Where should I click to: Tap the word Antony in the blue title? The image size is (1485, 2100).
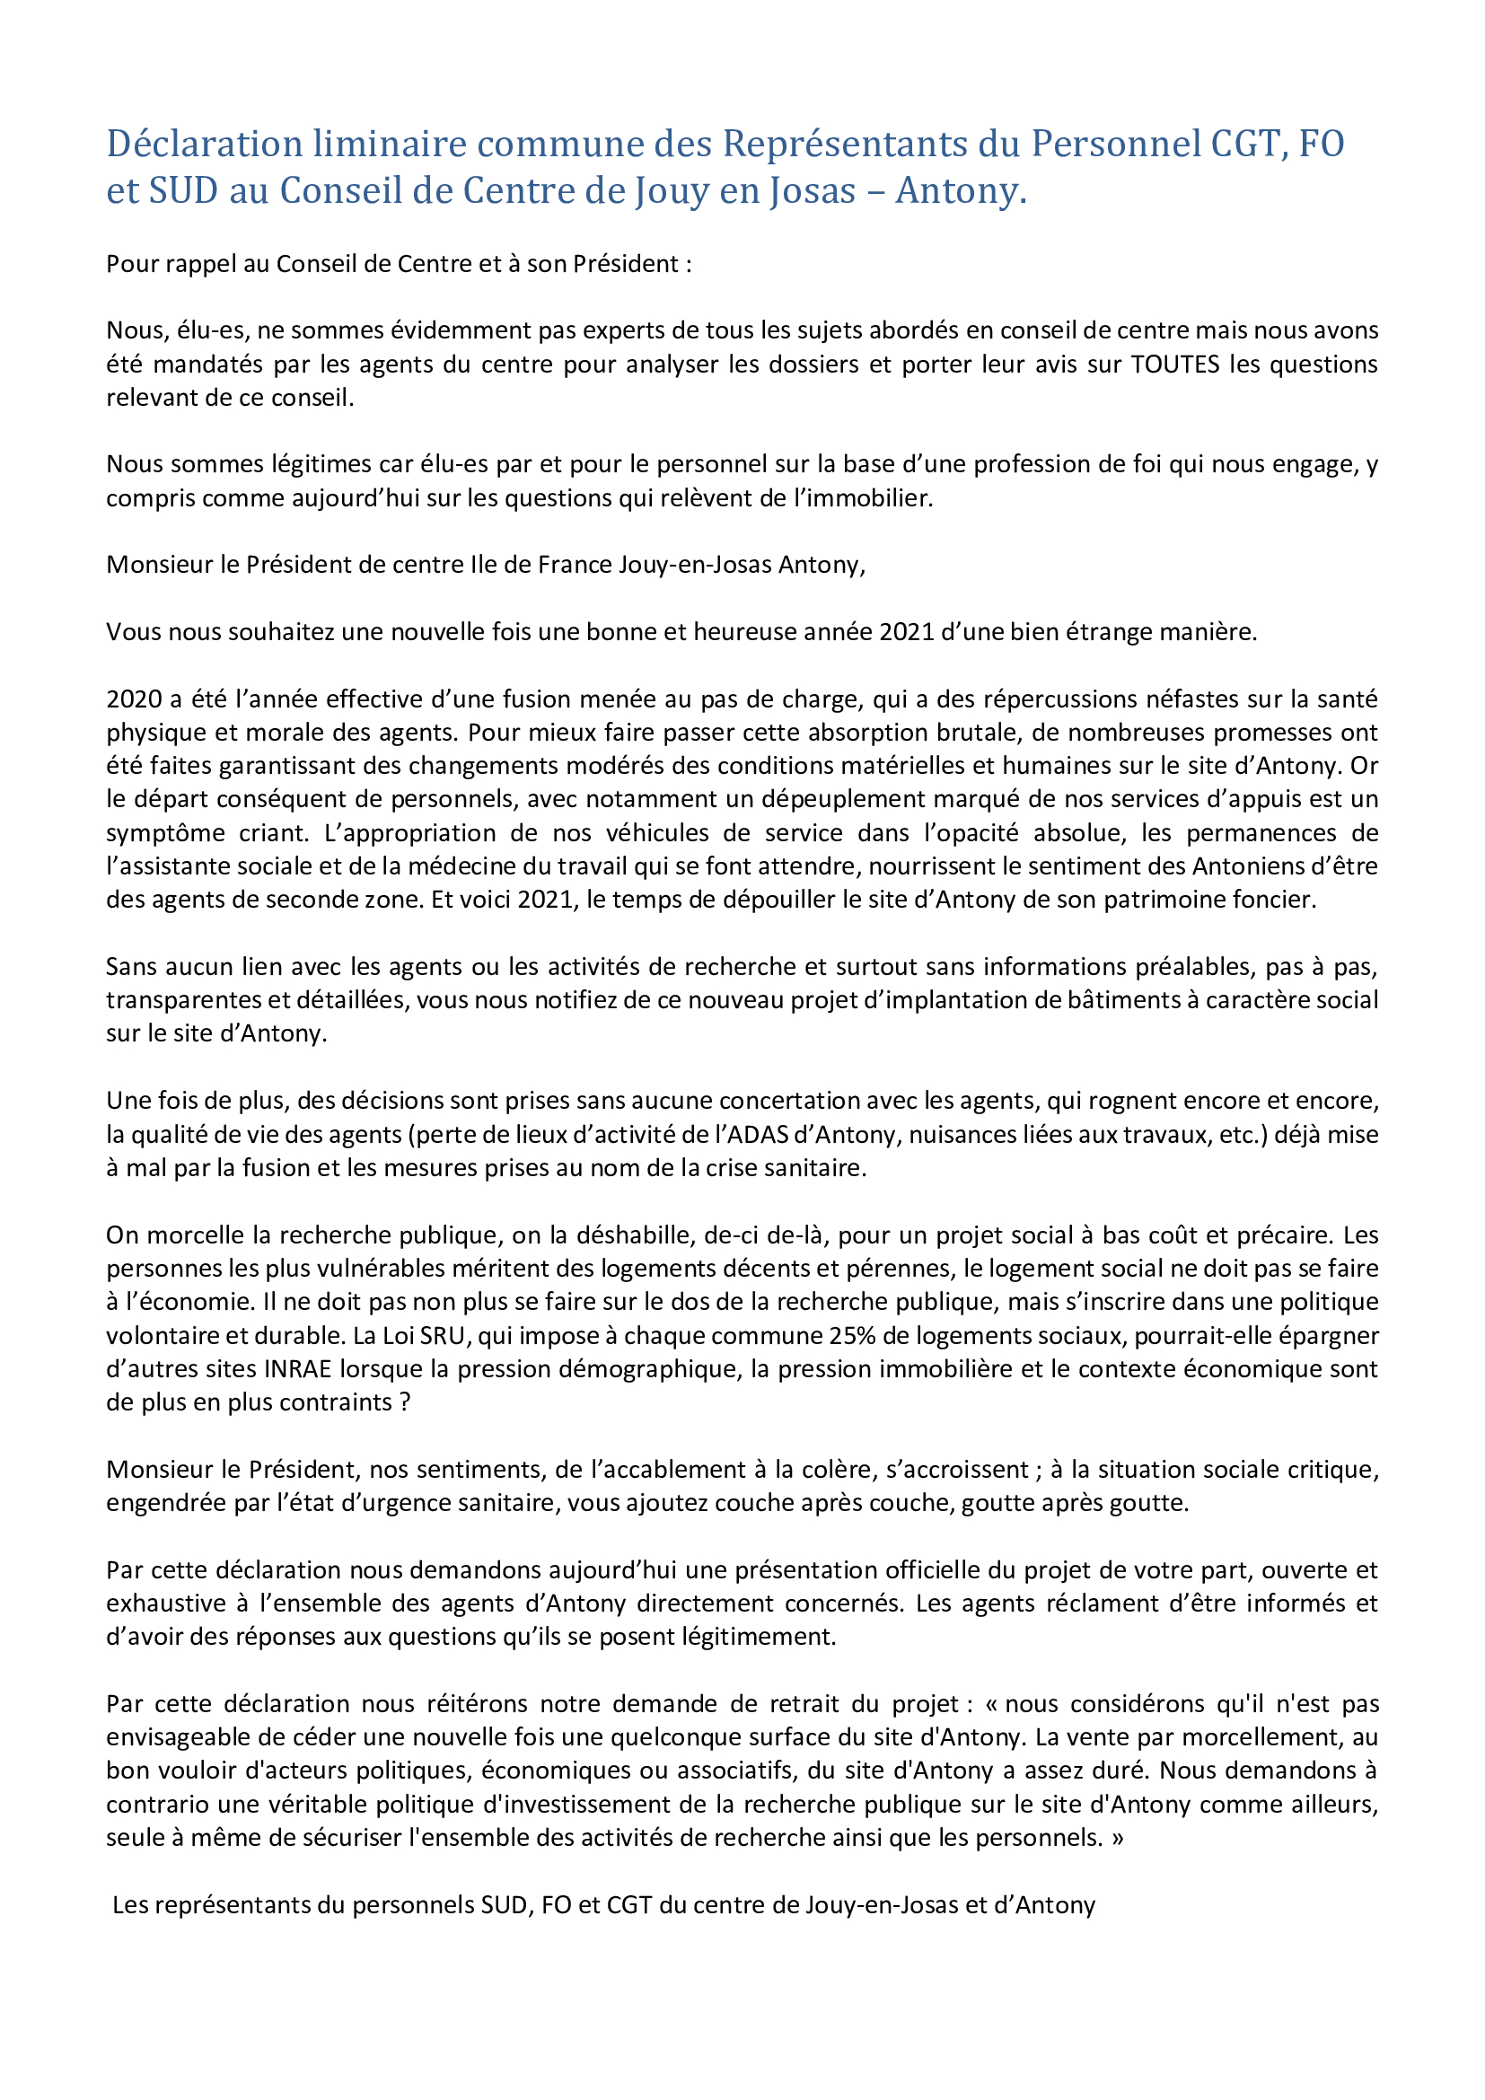click(x=960, y=190)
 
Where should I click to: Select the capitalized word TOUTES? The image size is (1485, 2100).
click(x=1175, y=364)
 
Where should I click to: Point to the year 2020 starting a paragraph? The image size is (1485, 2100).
click(x=134, y=699)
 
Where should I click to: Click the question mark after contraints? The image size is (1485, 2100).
click(x=405, y=1402)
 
